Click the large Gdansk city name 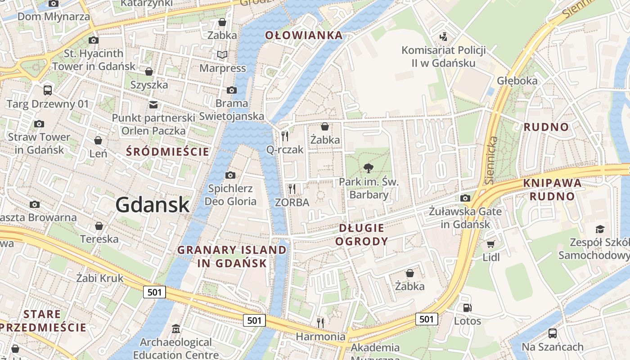pos(152,205)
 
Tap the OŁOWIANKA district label pos(304,35)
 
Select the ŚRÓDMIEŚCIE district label pos(168,152)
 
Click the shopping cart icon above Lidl pos(490,244)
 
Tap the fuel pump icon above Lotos pos(468,308)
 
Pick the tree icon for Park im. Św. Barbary pos(369,168)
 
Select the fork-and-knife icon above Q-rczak pos(285,136)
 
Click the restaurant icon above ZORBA pos(292,189)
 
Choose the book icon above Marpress pos(222,54)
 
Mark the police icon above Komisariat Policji pos(444,36)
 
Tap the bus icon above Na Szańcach pos(553,333)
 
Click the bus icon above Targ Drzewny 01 pos(48,90)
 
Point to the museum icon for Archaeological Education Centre pos(176,329)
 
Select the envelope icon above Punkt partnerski pos(153,104)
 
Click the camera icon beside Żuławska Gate pos(465,198)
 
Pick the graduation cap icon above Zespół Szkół pos(599,229)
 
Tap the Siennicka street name pos(491,160)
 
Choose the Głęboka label pos(517,81)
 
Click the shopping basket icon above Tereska pos(99,225)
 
